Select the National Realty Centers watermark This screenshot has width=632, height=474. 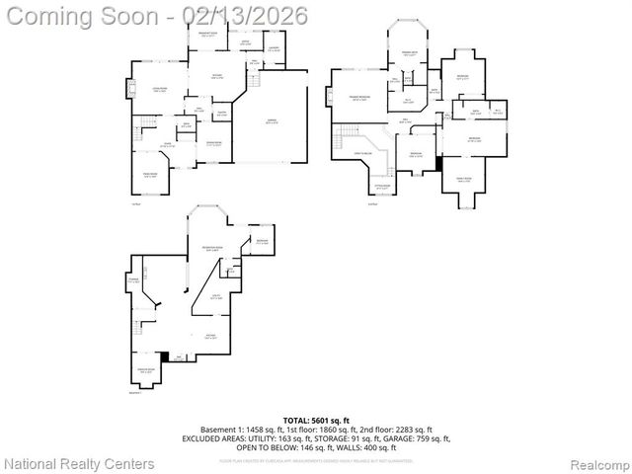79,463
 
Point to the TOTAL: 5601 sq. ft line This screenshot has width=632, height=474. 316,420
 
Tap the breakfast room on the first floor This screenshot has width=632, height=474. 208,37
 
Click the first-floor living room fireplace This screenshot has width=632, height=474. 126,90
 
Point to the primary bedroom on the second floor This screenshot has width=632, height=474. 358,98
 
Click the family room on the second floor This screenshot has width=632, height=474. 464,180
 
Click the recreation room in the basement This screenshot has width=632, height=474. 210,249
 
